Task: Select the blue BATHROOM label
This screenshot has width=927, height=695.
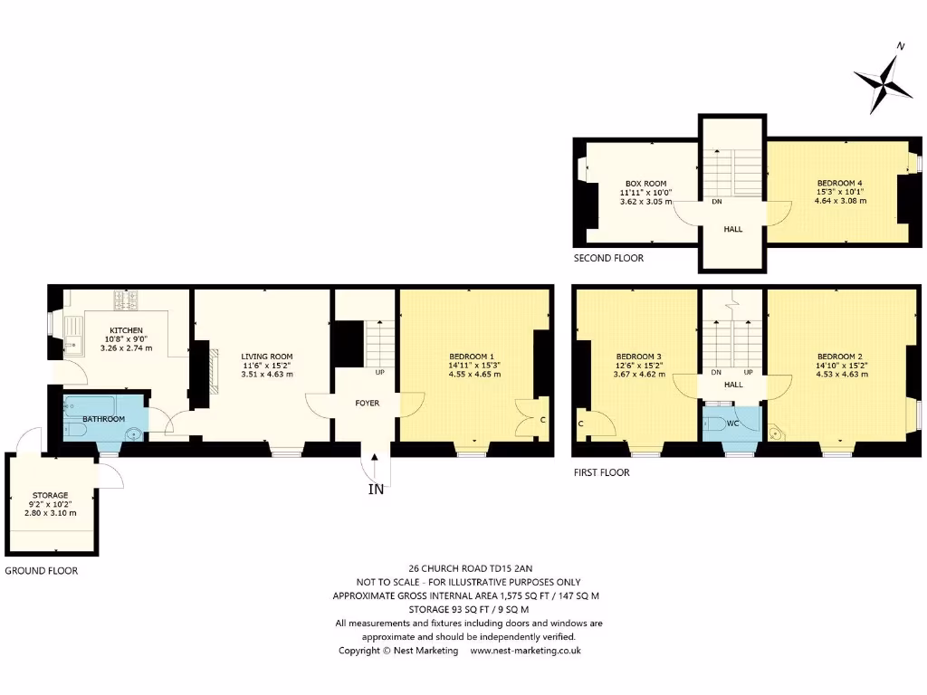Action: (x=103, y=419)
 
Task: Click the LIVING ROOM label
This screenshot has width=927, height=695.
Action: (x=262, y=357)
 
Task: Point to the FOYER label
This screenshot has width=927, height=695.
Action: (x=367, y=403)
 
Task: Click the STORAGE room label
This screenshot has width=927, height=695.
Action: (x=50, y=495)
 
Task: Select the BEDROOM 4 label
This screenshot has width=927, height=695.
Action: (x=839, y=183)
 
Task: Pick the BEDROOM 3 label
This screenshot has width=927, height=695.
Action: (x=638, y=357)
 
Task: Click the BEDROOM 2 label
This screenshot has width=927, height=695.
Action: (x=839, y=357)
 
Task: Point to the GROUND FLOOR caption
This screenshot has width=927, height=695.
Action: (x=41, y=571)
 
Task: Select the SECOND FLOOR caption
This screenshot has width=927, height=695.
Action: (x=608, y=258)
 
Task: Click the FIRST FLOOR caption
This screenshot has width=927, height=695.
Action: (x=601, y=472)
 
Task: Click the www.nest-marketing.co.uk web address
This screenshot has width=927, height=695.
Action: (x=525, y=651)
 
